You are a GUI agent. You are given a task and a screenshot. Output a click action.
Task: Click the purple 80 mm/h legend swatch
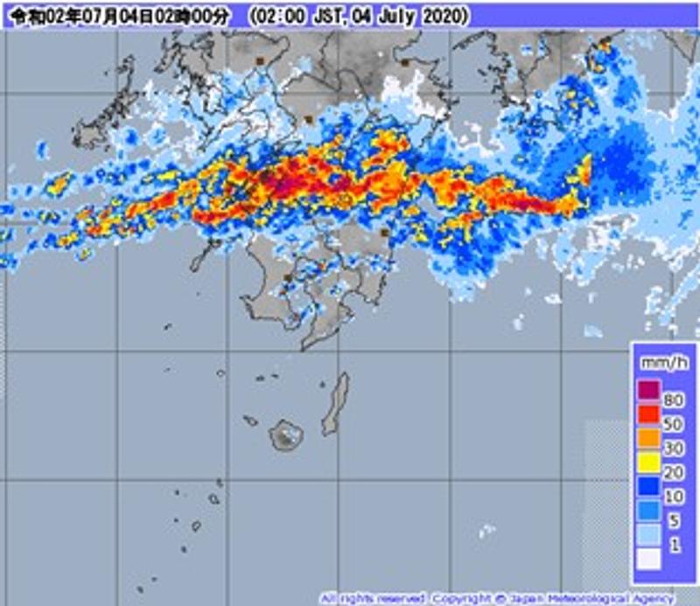pyautogui.click(x=647, y=390)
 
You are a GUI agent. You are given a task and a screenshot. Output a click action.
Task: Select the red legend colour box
pyautogui.click(x=647, y=414)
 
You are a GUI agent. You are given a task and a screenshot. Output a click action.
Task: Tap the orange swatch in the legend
pyautogui.click(x=647, y=439)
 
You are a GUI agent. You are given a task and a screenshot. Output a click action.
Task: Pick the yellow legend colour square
pyautogui.click(x=647, y=463)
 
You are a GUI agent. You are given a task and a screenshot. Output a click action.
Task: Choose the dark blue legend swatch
pyautogui.click(x=647, y=488)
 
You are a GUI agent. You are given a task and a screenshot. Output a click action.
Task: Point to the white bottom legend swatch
pyautogui.click(x=647, y=560)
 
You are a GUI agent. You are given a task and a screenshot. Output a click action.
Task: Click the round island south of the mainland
pyautogui.click(x=285, y=433)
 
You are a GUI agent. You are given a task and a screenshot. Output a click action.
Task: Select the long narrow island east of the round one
pyautogui.click(x=335, y=404)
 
